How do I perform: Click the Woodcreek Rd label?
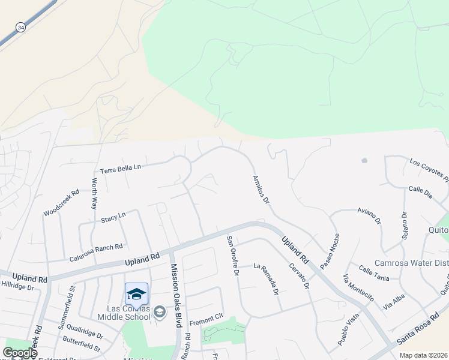point(61,203)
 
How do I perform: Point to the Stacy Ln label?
point(113,215)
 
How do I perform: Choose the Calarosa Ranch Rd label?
point(97,247)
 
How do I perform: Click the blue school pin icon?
point(136,294)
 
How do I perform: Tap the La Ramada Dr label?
point(266,278)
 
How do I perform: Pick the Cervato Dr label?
point(298,277)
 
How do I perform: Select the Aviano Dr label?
point(369,217)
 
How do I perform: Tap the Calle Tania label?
point(374,272)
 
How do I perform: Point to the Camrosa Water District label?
point(411,263)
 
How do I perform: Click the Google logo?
point(20,353)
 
